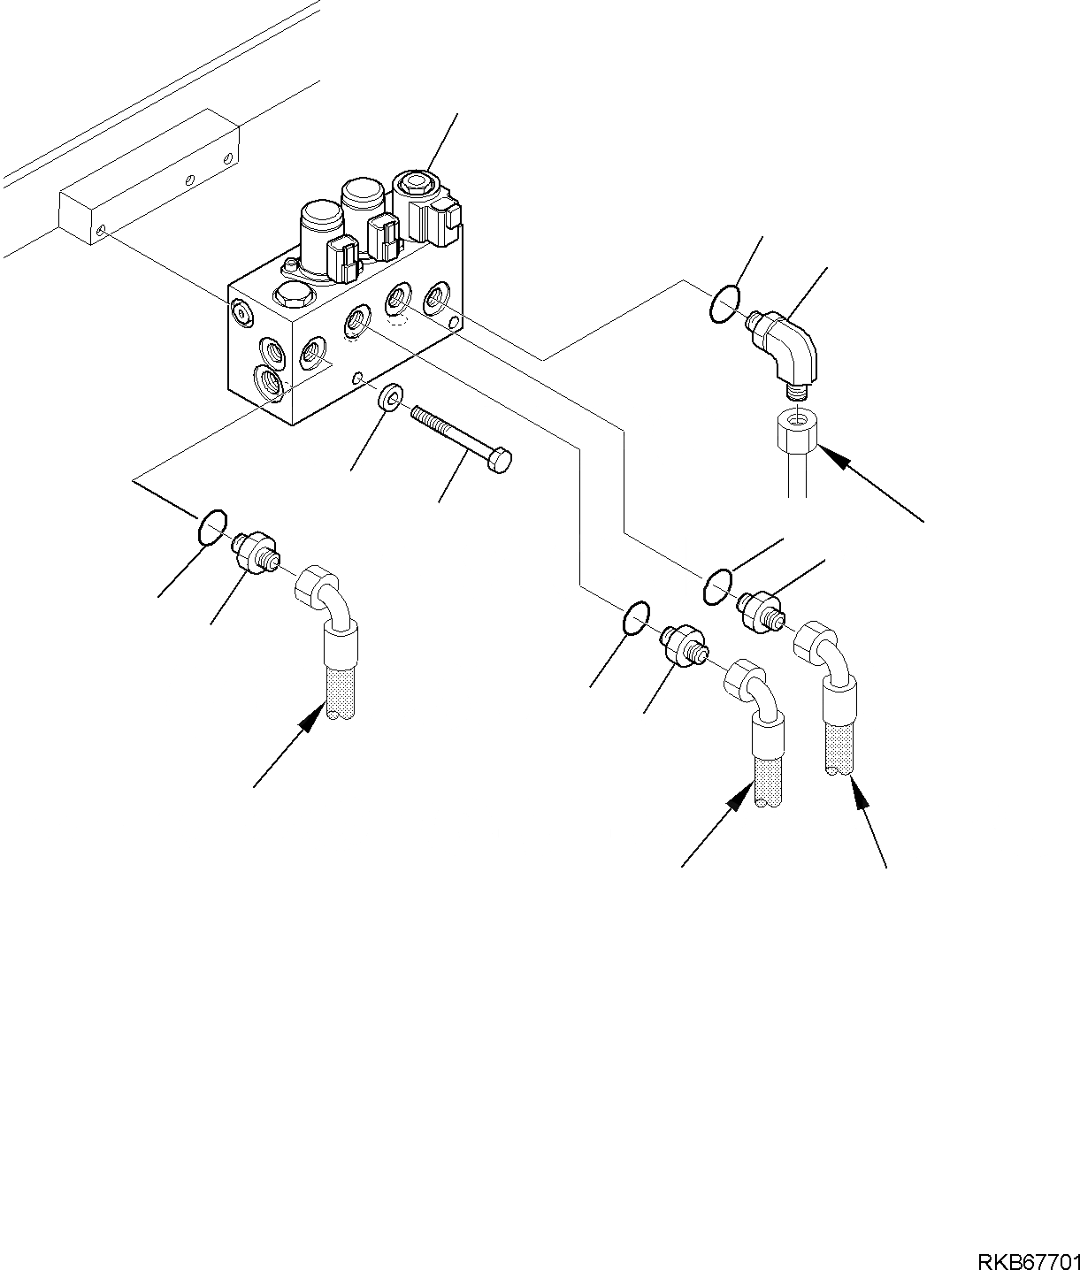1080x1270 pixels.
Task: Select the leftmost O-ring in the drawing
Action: coord(211,528)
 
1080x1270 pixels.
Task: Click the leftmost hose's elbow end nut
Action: coord(314,587)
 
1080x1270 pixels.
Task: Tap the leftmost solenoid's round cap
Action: coord(320,216)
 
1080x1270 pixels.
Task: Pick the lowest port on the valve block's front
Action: coord(268,383)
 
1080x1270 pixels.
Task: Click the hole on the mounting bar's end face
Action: coord(103,230)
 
